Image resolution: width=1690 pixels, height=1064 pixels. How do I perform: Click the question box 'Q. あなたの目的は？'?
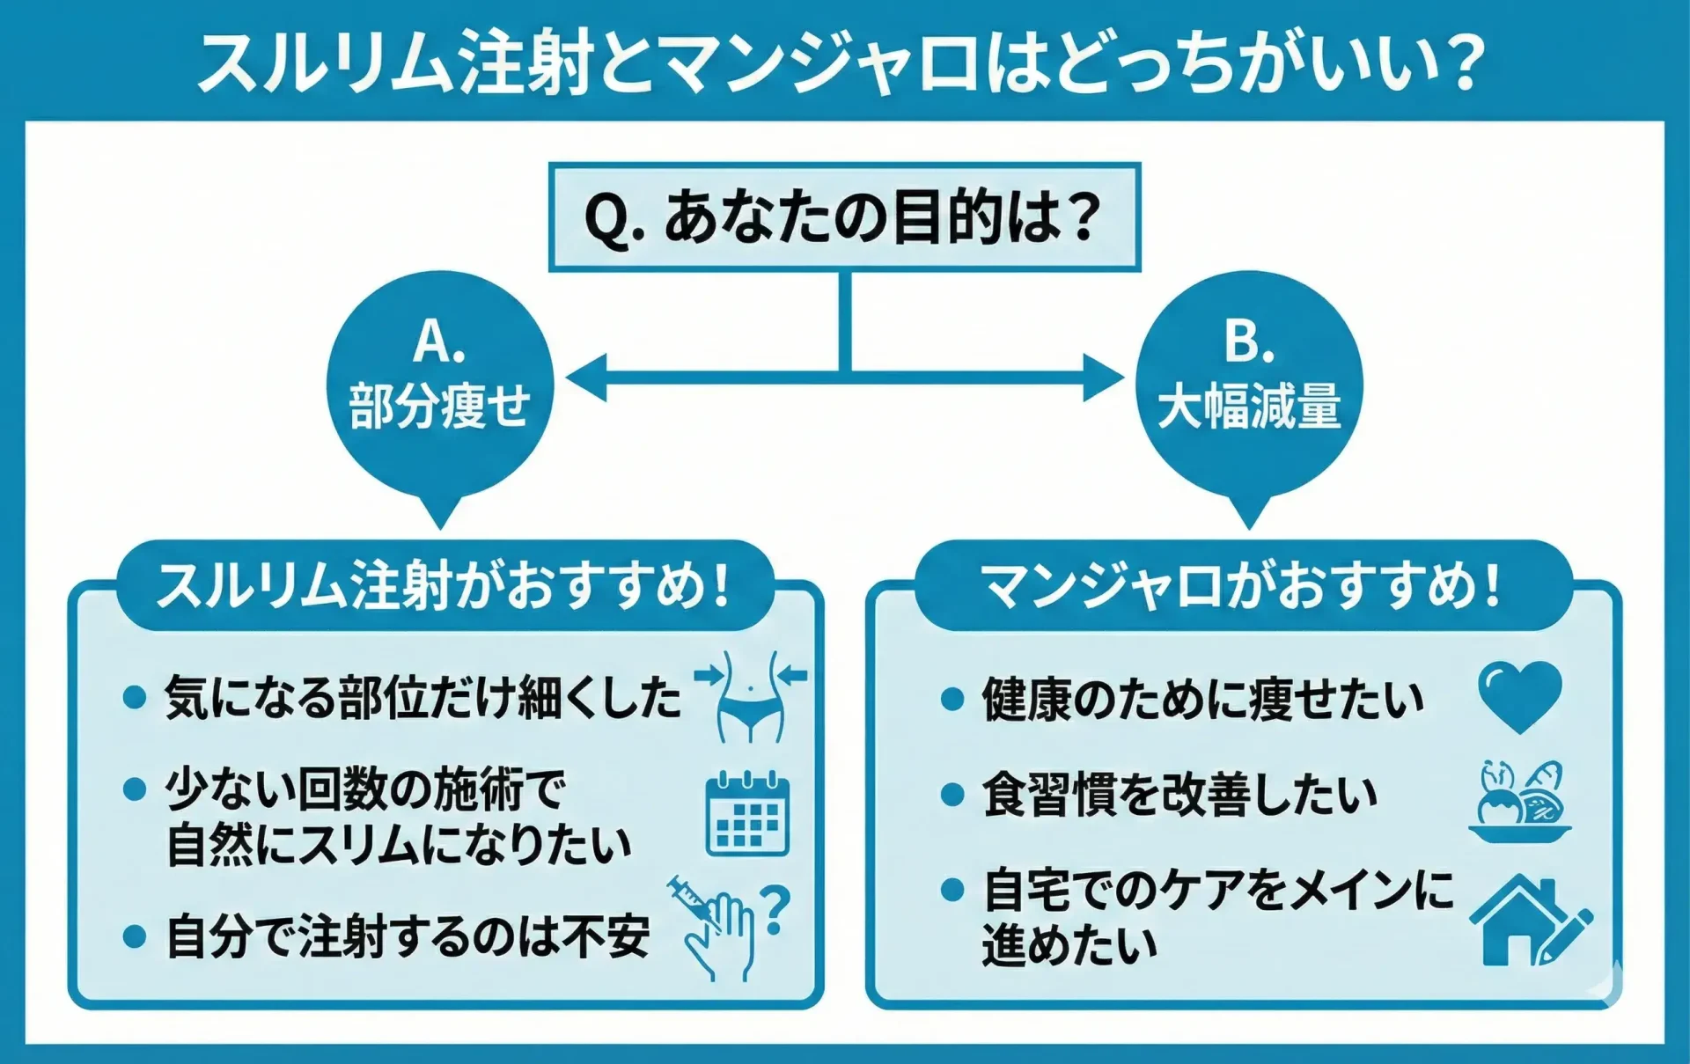[843, 216]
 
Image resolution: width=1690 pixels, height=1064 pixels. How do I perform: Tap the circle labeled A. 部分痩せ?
[440, 384]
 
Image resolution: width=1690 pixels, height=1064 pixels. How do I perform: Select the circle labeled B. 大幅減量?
[1248, 384]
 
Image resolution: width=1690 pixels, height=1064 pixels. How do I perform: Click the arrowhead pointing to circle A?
[588, 378]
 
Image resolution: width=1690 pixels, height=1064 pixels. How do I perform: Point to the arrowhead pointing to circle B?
[1102, 378]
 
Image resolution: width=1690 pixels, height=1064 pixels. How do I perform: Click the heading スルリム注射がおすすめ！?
[445, 585]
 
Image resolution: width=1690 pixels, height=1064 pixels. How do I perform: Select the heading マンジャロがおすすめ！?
[1242, 585]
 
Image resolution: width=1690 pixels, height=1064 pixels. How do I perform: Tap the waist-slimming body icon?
[750, 696]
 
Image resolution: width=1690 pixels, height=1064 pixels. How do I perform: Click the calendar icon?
[747, 814]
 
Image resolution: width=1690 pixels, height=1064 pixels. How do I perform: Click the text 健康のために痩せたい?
[1202, 700]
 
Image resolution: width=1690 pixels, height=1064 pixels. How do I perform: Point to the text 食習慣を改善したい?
[1179, 795]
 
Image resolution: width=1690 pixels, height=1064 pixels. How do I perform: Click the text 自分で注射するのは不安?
[408, 936]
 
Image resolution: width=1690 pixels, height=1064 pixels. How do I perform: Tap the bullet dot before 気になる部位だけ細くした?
[135, 698]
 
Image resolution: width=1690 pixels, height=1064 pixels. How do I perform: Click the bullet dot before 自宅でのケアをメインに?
[952, 889]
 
